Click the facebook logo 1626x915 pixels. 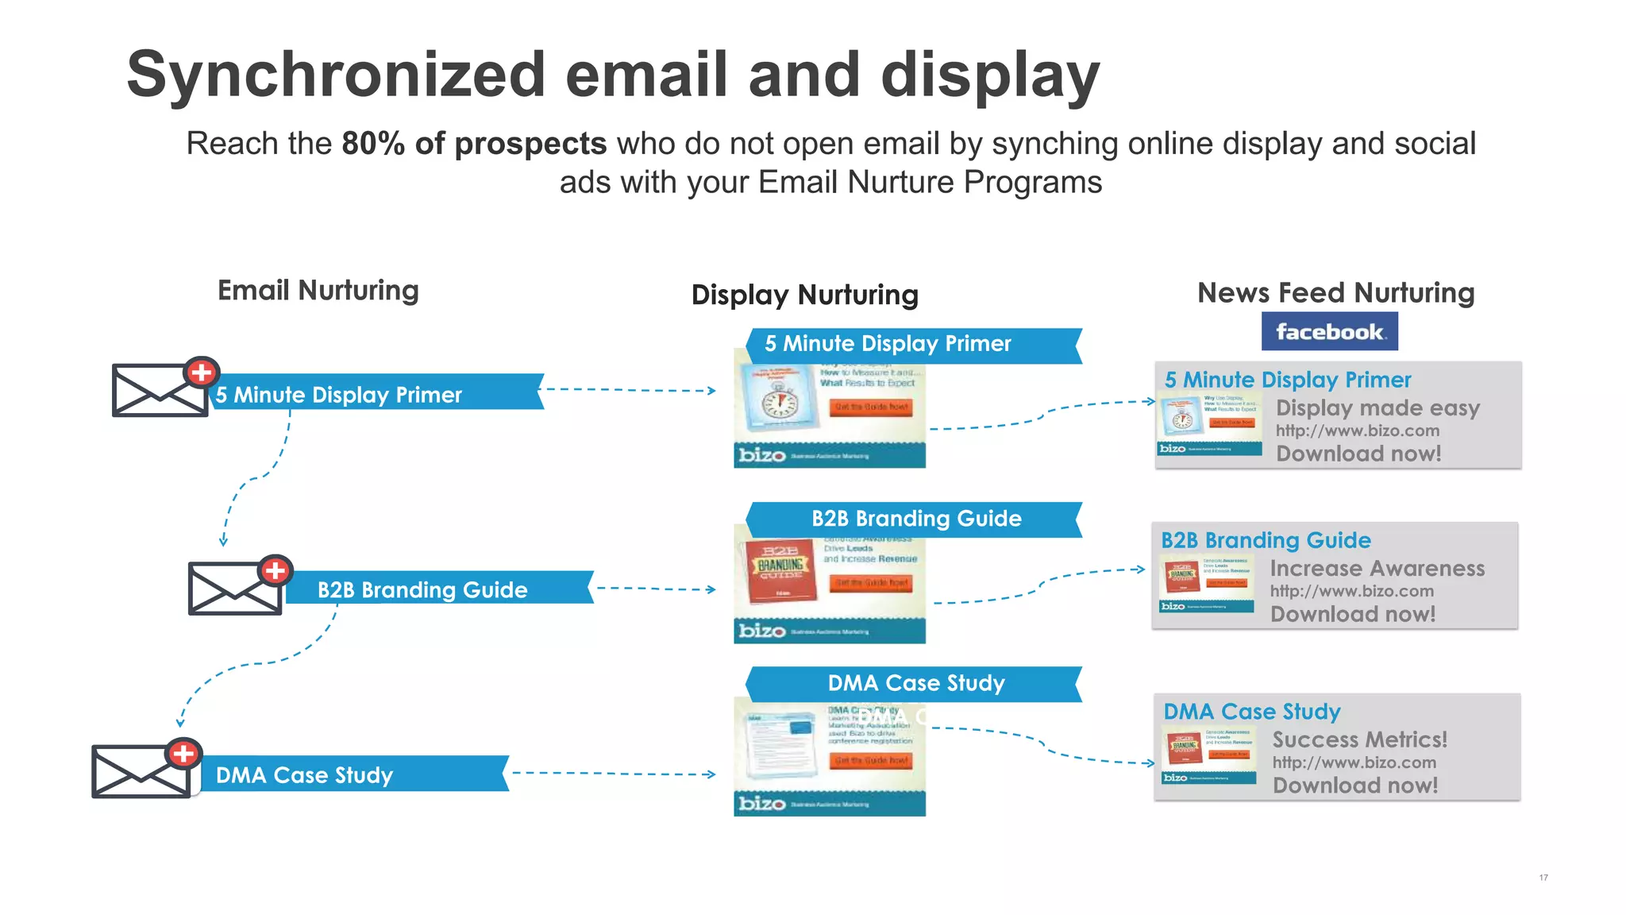click(1329, 331)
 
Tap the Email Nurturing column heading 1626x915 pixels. click(318, 291)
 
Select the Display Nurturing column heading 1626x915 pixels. click(804, 295)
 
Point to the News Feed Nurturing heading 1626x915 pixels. click(1335, 293)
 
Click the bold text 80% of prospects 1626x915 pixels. click(474, 144)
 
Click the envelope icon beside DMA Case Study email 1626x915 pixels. click(141, 771)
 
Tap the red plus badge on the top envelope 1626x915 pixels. click(202, 372)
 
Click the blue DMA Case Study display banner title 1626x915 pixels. click(915, 683)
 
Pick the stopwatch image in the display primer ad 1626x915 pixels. click(779, 403)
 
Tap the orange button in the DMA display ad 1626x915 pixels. click(871, 760)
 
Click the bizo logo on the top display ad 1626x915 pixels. click(761, 455)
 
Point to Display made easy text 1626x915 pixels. click(1377, 408)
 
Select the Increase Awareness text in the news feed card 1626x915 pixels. click(1377, 569)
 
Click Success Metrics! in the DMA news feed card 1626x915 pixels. click(1359, 739)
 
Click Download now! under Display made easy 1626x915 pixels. click(1358, 454)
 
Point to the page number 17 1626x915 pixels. click(1543, 878)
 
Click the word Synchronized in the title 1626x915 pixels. click(336, 75)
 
